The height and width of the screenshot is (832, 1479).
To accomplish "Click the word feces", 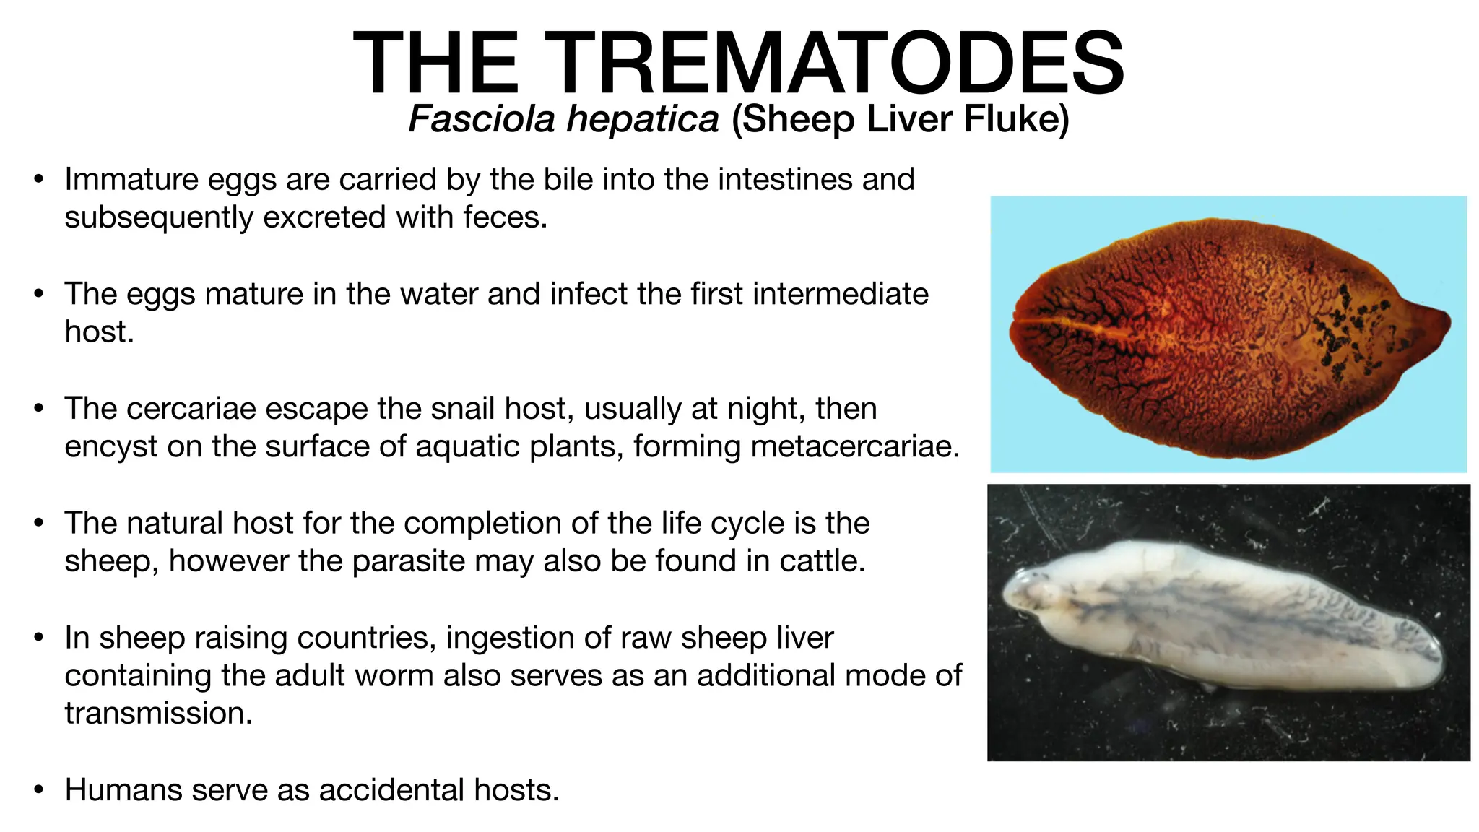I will tap(505, 217).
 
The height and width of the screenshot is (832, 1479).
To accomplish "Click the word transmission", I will tap(158, 714).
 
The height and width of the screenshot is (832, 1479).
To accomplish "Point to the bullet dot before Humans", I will tap(39, 790).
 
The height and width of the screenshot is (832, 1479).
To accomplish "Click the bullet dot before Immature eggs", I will tap(39, 180).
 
